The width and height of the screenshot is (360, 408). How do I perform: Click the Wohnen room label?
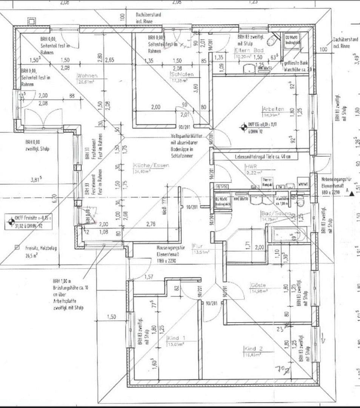point(88,76)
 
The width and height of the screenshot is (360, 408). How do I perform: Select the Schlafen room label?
point(181,74)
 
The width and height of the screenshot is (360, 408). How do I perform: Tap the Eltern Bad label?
point(249,50)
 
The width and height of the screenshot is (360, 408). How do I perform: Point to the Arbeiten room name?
point(273,109)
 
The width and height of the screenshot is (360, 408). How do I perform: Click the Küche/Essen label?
point(151,165)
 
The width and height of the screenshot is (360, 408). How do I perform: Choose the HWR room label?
point(251,167)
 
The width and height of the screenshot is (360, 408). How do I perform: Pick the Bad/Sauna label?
point(276,213)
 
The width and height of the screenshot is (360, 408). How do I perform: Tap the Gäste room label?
point(258,285)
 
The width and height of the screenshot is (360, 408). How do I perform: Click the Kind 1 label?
point(176,338)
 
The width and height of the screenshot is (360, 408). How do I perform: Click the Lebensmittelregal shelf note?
point(262,156)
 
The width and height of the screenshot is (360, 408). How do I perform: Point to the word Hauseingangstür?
point(171,248)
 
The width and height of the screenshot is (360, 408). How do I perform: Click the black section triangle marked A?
point(352,193)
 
